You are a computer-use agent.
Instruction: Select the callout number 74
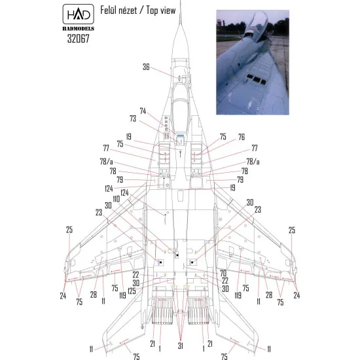pyautogui.click(x=143, y=111)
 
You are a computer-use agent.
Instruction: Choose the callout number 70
pyautogui.click(x=223, y=272)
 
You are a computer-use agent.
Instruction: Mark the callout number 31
pyautogui.click(x=180, y=345)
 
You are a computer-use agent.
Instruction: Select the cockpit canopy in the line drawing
pyautogui.click(x=180, y=105)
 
